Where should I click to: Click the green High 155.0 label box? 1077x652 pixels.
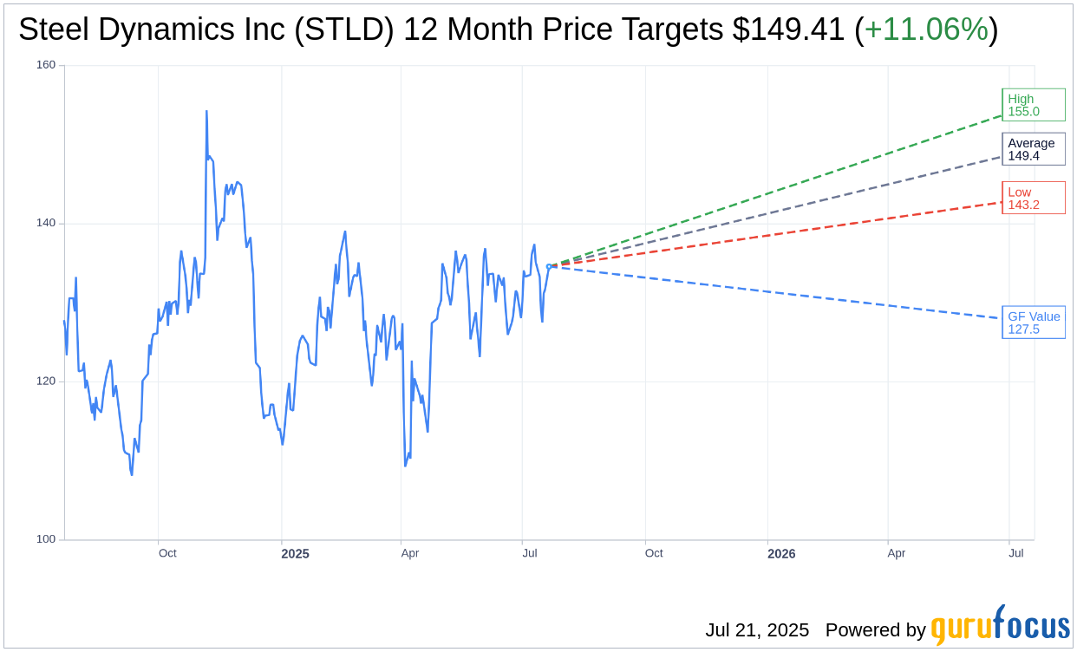[x=1033, y=105]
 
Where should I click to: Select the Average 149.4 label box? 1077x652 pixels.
[x=1033, y=149]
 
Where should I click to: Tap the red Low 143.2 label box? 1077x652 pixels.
[x=1033, y=199]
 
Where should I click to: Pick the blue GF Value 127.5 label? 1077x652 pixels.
[x=1034, y=323]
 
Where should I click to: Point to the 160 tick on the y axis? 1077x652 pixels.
[x=46, y=65]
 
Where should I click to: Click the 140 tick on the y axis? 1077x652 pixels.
[x=46, y=223]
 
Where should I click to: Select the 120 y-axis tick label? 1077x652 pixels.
[x=46, y=381]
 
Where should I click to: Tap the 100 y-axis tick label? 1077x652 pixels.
[x=46, y=539]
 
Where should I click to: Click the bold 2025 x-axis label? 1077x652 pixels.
[x=295, y=554]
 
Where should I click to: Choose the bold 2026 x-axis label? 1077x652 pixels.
[x=781, y=554]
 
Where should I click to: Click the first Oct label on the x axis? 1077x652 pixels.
[x=167, y=553]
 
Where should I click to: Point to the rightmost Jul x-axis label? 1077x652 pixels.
[x=1016, y=553]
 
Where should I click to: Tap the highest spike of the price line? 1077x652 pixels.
[x=206, y=112]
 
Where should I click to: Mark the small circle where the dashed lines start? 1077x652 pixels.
[x=549, y=266]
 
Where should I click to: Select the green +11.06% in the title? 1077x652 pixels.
[x=926, y=29]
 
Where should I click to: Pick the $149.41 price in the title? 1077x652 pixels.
[x=788, y=29]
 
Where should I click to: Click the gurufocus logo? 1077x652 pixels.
[x=1000, y=626]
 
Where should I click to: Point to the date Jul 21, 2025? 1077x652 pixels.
[x=757, y=630]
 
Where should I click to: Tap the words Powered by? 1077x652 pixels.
[x=875, y=630]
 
